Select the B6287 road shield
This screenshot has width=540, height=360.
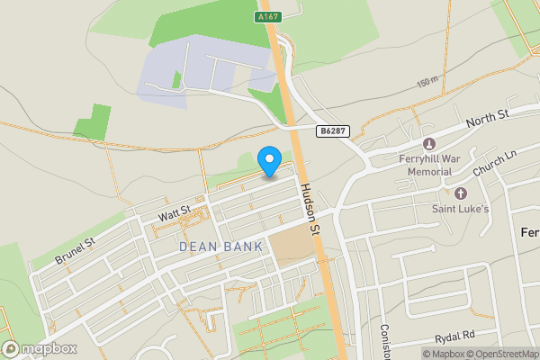(x=331, y=131)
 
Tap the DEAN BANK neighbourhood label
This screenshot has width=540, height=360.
(x=220, y=246)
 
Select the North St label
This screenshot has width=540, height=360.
(x=488, y=117)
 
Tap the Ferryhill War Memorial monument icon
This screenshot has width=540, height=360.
(x=428, y=144)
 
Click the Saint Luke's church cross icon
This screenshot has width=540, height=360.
(x=462, y=193)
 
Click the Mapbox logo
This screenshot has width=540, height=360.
(x=39, y=348)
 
